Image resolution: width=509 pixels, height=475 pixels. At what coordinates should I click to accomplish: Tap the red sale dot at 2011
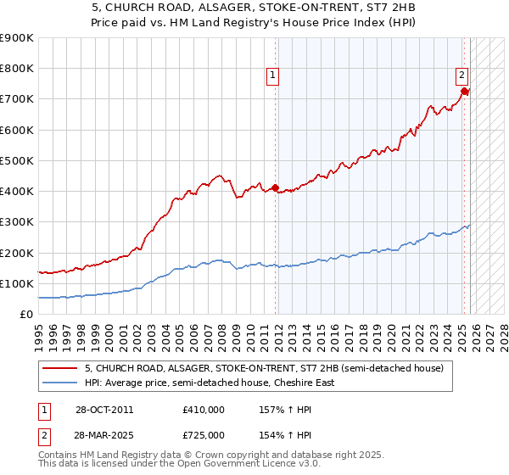(x=276, y=188)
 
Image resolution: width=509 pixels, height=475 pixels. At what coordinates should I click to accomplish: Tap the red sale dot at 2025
(x=465, y=91)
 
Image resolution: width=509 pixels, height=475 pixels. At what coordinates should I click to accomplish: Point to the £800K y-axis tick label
(x=17, y=69)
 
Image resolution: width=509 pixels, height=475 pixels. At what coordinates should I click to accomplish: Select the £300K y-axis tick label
(x=17, y=222)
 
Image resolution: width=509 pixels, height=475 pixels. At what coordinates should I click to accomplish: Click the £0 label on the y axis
(x=25, y=315)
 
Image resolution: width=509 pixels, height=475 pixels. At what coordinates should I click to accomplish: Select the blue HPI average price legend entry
(x=210, y=383)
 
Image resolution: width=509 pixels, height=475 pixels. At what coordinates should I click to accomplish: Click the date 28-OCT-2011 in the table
(x=104, y=410)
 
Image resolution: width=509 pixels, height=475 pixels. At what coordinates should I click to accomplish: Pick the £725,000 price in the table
(x=203, y=433)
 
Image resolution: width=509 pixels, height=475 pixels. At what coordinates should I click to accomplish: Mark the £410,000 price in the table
(x=203, y=410)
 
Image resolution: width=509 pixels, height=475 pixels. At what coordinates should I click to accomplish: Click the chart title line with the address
(x=255, y=7)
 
